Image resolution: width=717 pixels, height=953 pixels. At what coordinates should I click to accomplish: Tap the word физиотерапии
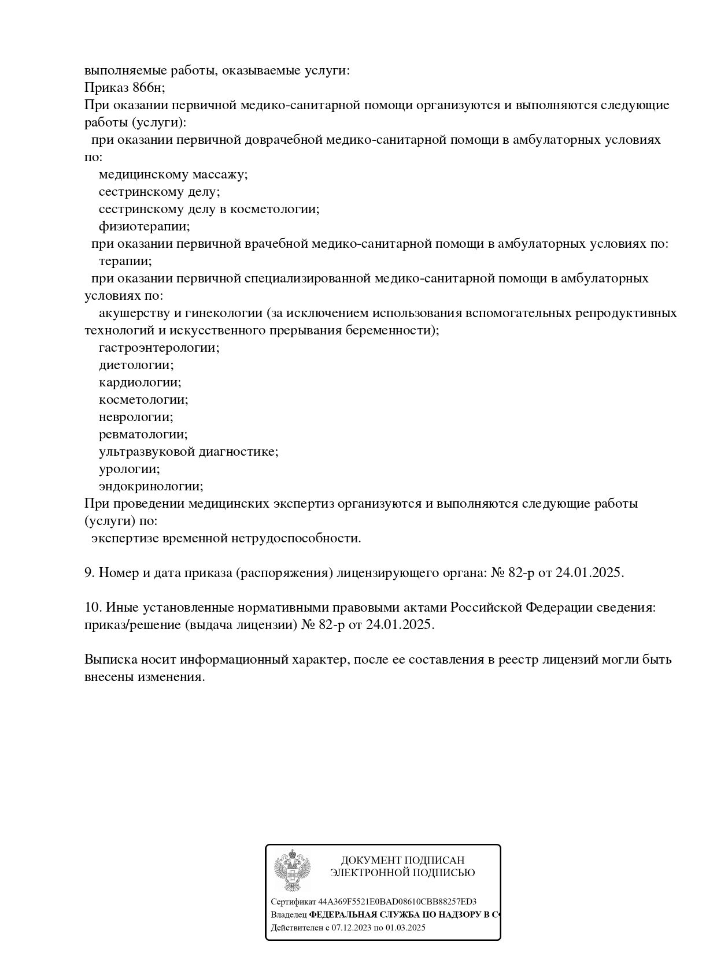(x=144, y=226)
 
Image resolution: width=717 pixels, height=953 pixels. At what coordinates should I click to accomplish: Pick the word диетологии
(x=136, y=365)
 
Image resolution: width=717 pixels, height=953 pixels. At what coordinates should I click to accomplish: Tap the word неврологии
(x=136, y=417)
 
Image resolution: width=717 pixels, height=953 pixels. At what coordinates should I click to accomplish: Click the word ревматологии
(x=143, y=434)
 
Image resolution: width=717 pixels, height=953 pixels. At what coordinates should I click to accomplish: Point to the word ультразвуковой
(x=147, y=452)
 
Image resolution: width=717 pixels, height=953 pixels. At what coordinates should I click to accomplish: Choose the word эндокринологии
(x=151, y=486)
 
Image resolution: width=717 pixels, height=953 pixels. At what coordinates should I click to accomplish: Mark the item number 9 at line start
(x=89, y=573)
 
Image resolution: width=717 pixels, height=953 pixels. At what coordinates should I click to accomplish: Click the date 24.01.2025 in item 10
(x=400, y=625)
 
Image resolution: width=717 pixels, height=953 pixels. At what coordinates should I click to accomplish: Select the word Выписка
(x=110, y=660)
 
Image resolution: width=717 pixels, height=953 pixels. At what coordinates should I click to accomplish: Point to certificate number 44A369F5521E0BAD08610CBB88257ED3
(x=397, y=902)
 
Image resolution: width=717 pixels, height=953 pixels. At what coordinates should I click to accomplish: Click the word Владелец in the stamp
(x=289, y=915)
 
